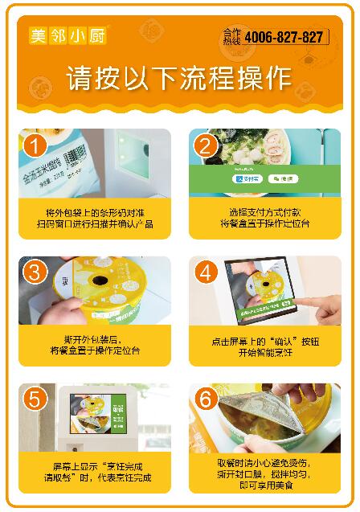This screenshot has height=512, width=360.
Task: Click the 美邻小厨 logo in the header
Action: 68,36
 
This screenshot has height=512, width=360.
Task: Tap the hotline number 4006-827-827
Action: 284,38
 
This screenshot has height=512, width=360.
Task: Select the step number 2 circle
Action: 206,146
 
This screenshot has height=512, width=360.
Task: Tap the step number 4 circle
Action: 206,272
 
